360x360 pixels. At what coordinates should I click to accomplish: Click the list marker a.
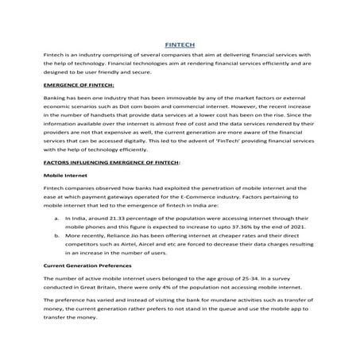click(56, 217)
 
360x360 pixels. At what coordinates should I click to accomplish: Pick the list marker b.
click(56, 236)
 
